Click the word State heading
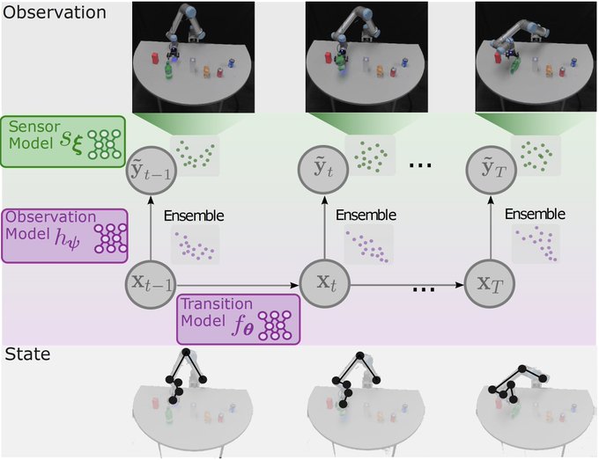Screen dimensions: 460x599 coord(27,354)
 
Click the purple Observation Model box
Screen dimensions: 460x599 coord(63,234)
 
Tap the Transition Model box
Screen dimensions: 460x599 coord(238,318)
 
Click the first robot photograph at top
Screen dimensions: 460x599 coord(193,55)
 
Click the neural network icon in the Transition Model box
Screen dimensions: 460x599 coord(277,325)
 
